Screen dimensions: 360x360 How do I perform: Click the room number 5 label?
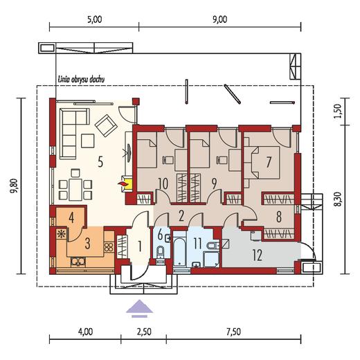100,161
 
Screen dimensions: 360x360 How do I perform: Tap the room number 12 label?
258,255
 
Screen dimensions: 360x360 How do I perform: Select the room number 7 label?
269,162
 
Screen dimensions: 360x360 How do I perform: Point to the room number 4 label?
71,218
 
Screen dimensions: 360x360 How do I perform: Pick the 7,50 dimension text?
233,332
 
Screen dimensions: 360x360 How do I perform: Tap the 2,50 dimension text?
144,332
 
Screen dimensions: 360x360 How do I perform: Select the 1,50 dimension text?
337,111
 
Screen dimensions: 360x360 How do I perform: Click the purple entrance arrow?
139,309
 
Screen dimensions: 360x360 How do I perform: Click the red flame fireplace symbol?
123,183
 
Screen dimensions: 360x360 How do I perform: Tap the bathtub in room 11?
179,253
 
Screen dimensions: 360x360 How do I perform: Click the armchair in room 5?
106,125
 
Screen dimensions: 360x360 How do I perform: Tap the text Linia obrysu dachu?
81,80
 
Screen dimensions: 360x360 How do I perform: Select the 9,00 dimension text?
219,19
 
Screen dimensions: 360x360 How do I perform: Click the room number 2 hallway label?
181,217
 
